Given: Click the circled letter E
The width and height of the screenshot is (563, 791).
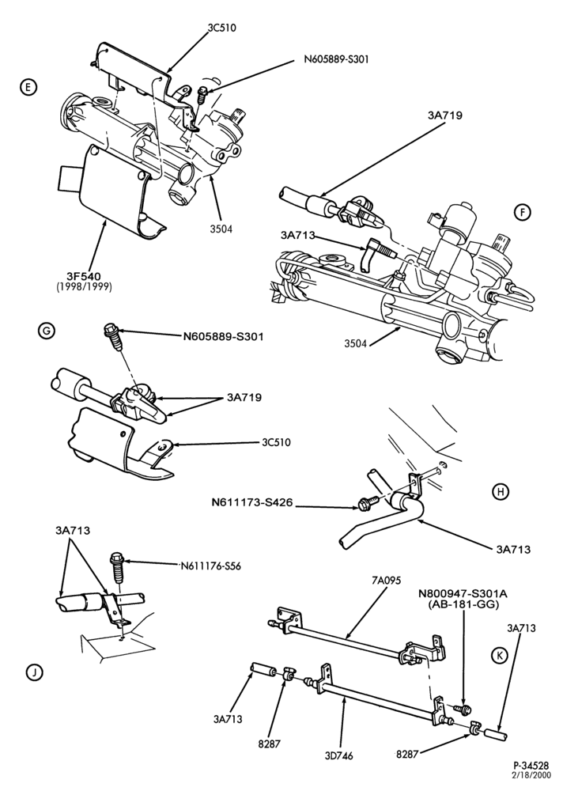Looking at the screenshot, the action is click(28, 87).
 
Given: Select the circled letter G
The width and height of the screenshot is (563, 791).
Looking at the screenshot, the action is click(46, 331).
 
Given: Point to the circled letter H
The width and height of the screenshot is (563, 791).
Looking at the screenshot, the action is click(500, 491).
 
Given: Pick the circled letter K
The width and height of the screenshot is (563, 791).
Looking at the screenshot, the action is click(500, 654).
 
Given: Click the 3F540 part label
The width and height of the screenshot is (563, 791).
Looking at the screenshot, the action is click(85, 276).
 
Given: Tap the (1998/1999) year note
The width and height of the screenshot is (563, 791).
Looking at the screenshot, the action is click(85, 286).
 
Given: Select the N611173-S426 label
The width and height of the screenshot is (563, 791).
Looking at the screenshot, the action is click(252, 503).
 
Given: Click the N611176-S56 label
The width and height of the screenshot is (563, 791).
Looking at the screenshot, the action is click(210, 566).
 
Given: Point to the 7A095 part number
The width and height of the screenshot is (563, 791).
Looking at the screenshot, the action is click(385, 581).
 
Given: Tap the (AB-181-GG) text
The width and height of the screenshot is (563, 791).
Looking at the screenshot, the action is click(463, 604).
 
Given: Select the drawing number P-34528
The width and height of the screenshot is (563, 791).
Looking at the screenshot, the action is click(532, 765).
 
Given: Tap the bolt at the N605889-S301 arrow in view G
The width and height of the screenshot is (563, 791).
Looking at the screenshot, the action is click(111, 336).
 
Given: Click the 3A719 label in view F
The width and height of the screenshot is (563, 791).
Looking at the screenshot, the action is click(444, 115).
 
